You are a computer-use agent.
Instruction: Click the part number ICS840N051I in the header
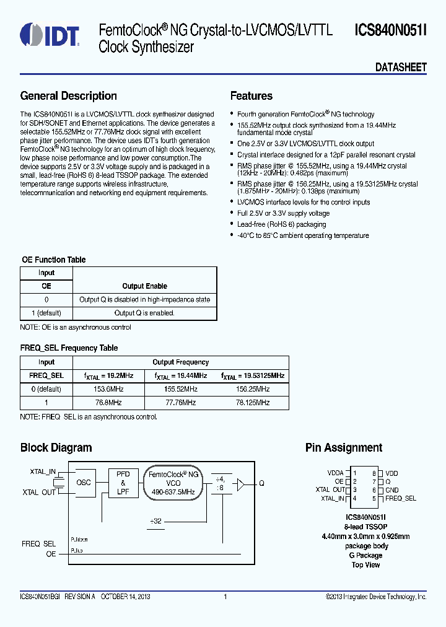point(390,30)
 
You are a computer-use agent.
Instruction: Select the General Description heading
point(68,96)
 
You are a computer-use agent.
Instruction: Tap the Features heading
point(251,96)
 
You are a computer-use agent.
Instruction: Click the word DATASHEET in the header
point(401,68)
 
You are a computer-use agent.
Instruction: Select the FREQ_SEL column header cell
point(46,375)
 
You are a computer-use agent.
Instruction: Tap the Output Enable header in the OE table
point(144,286)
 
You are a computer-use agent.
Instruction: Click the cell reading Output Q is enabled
point(144,313)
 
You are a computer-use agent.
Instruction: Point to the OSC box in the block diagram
point(84,482)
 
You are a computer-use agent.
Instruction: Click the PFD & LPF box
point(123,483)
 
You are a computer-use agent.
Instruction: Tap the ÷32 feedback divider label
point(155,521)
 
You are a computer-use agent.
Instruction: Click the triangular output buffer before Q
point(242,482)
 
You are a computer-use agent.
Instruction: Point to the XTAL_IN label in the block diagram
point(43,472)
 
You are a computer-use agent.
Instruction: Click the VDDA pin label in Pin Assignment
point(335,473)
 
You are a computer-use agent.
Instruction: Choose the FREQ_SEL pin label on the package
point(400,498)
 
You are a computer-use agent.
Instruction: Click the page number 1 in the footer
point(225,597)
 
